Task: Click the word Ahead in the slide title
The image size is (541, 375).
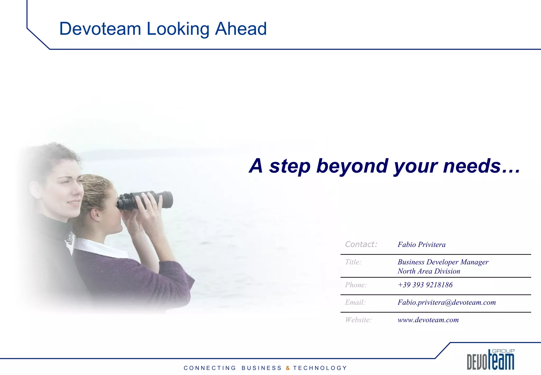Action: pos(241,29)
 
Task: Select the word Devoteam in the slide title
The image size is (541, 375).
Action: pos(100,29)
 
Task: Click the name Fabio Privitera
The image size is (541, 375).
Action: pos(421,245)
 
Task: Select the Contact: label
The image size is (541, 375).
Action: pos(361,244)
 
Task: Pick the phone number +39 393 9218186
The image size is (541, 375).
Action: pos(425,285)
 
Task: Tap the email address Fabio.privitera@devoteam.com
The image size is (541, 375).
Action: pos(446,302)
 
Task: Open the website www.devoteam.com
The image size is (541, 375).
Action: pos(428,320)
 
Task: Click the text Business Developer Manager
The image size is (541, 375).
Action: pos(443,262)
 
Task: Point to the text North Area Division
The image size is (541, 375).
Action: pos(429,271)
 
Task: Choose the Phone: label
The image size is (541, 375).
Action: pos(356,285)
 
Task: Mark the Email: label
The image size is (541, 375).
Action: pos(355,302)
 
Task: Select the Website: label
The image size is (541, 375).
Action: pos(358,320)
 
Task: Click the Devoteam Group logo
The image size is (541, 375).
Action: pos(490,360)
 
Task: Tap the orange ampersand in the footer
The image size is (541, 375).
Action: pos(288,368)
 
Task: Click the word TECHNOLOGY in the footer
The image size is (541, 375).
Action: pos(320,368)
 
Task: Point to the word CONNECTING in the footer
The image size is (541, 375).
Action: pos(210,368)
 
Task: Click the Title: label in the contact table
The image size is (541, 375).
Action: pos(353,262)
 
